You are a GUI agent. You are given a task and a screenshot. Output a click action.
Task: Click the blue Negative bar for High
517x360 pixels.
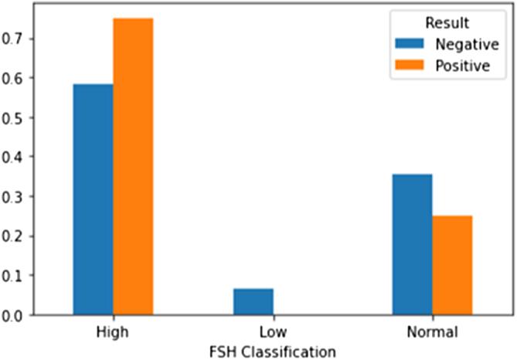coord(93,199)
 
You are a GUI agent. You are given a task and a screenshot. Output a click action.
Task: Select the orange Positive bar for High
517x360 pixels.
coord(133,166)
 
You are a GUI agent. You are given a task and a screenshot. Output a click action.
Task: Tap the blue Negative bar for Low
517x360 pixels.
coord(253,301)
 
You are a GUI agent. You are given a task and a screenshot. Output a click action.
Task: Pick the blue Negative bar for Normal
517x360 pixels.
coord(413,244)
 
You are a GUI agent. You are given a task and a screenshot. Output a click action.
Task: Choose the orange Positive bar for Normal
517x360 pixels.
coord(452,265)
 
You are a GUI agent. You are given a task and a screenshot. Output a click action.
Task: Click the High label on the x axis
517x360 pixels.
coord(113,333)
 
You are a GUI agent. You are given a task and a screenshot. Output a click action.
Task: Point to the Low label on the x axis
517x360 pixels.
coord(272,333)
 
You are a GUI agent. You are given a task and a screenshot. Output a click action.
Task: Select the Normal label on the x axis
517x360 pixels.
coord(432,333)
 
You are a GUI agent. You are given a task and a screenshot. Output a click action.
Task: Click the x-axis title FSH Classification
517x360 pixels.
coord(272,351)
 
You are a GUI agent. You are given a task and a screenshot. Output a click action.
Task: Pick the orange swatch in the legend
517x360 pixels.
coord(410,65)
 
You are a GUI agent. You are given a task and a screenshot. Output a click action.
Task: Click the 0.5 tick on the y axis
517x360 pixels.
coord(30,117)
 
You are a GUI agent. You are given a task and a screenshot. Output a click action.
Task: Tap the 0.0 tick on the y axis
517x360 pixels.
coord(30,314)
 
